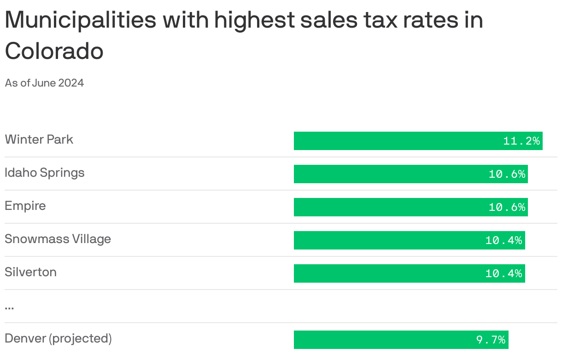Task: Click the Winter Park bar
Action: (x=396, y=141)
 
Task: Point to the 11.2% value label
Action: (x=521, y=141)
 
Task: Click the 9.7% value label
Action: (x=491, y=340)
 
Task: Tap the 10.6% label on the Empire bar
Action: (x=507, y=207)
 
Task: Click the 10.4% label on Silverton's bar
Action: (x=504, y=273)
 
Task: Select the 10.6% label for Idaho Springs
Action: (x=507, y=174)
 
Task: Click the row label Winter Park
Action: (x=39, y=139)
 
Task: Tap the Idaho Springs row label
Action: (x=45, y=173)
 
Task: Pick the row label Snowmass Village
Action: (x=58, y=239)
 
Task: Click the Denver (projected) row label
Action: (x=59, y=339)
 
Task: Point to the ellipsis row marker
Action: (x=9, y=307)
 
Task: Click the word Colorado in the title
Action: (x=54, y=51)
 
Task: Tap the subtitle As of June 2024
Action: (x=44, y=83)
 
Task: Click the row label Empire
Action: (x=25, y=206)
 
